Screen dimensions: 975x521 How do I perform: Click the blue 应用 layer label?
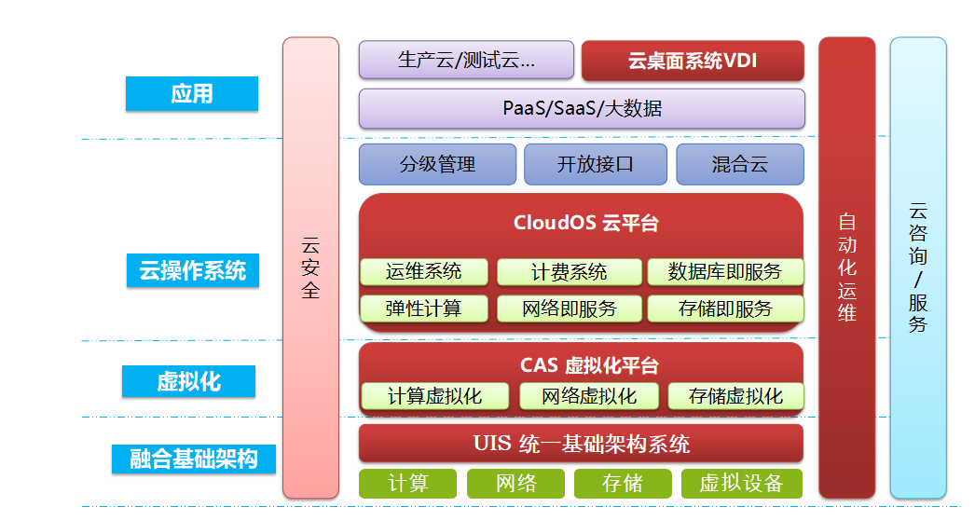tap(191, 94)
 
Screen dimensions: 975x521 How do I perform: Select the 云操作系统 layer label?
tap(193, 270)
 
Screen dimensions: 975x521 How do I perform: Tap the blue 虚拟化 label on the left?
tap(188, 381)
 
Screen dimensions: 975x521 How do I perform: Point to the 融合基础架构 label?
tap(193, 459)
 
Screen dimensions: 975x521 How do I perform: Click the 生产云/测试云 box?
tap(466, 61)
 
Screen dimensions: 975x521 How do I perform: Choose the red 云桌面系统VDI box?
tap(693, 61)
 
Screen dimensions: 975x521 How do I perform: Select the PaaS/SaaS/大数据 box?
tap(582, 109)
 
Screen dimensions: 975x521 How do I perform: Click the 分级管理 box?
tap(438, 164)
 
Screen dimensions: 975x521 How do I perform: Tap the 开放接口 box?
tap(596, 164)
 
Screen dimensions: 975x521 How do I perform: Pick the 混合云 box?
tap(740, 164)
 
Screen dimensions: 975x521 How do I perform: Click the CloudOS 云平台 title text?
tap(585, 223)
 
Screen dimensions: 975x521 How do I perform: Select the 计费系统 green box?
tap(569, 272)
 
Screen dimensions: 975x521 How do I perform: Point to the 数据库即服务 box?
tap(725, 272)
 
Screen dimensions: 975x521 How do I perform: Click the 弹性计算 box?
tap(423, 308)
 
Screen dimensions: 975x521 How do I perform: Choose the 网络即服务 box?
tap(569, 308)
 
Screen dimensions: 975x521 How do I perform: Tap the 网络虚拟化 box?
tap(589, 396)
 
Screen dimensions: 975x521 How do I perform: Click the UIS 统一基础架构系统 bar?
tap(581, 444)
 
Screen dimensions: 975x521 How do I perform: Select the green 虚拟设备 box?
tap(742, 484)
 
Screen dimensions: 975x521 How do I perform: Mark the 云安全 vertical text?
tap(310, 268)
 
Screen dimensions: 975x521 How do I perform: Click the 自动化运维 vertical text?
tap(847, 267)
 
